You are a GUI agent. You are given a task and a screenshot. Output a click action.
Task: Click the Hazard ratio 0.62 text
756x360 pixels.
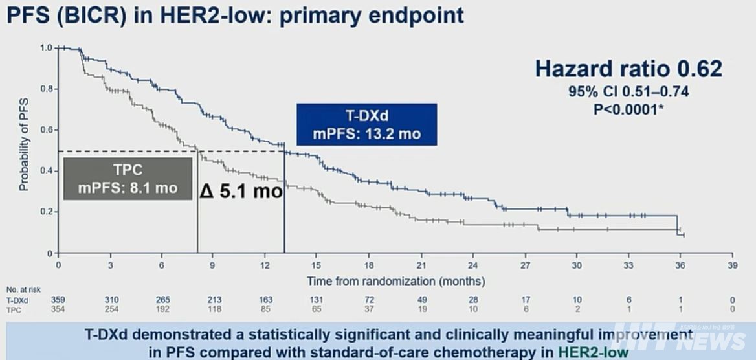click(x=628, y=69)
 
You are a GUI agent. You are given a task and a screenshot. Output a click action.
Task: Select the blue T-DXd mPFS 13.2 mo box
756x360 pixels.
click(x=366, y=125)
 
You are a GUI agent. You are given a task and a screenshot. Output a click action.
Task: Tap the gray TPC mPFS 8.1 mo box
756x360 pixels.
click(x=127, y=179)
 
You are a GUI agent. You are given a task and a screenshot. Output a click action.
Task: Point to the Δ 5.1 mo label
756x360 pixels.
click(x=241, y=191)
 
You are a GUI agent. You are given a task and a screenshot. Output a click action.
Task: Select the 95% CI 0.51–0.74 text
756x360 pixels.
click(x=628, y=92)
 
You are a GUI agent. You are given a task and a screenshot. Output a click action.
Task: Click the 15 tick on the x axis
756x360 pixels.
click(x=317, y=265)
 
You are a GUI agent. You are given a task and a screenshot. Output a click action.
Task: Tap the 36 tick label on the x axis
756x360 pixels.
click(x=680, y=265)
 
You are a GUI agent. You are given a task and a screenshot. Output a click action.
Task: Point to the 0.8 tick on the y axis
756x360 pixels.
click(x=45, y=89)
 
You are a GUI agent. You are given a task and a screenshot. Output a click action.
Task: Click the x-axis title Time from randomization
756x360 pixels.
click(x=395, y=281)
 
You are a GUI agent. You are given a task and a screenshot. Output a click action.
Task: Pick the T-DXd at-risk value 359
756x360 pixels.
click(x=58, y=300)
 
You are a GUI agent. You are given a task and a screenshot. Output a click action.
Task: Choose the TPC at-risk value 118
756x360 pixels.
click(x=214, y=309)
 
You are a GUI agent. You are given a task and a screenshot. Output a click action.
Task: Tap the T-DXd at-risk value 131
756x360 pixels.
click(x=317, y=300)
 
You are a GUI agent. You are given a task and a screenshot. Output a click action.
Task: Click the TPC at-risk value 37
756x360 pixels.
click(x=370, y=309)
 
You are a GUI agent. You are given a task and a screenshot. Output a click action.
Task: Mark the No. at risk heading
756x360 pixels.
click(x=23, y=289)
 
